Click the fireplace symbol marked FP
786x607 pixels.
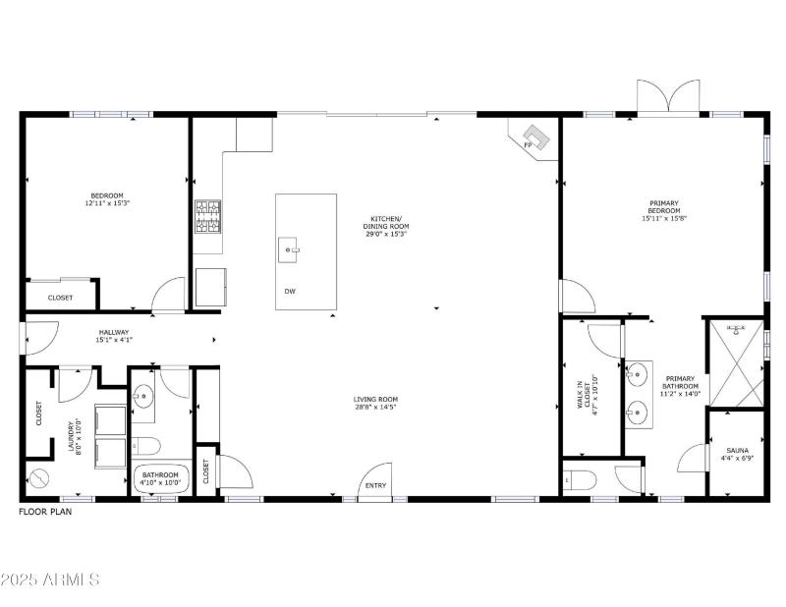535,136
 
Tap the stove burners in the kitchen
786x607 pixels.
207,217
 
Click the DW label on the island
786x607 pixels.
290,292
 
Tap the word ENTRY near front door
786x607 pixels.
375,485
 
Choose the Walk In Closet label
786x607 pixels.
587,398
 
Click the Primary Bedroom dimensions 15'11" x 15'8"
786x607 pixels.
664,218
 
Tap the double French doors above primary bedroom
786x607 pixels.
668,98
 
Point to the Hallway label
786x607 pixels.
114,336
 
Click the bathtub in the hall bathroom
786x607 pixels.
159,477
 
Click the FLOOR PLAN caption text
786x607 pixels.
45,512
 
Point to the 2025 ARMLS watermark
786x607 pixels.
51,579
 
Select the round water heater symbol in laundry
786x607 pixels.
40,479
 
